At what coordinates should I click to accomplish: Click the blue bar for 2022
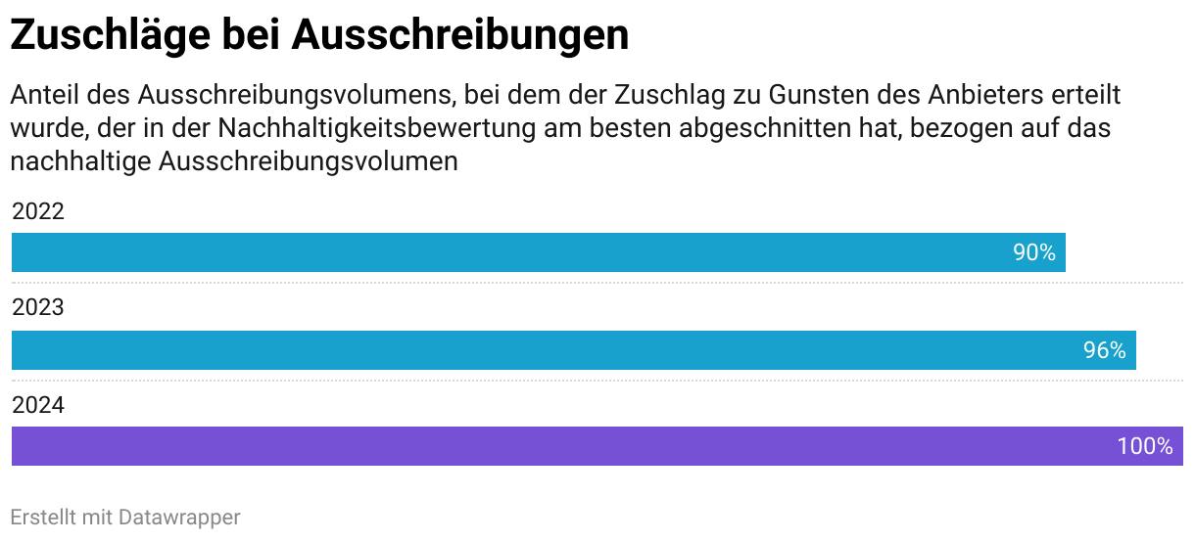coord(509,252)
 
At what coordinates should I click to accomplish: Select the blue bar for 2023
coord(549,350)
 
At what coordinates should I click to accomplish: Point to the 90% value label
coord(1033,252)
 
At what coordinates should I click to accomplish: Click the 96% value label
coord(1104,350)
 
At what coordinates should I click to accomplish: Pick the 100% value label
coord(1144,446)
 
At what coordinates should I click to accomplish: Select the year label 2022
coord(38,211)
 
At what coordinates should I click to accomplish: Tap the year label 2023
coord(38,308)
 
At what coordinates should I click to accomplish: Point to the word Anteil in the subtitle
coord(45,96)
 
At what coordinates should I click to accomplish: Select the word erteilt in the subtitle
coord(1080,96)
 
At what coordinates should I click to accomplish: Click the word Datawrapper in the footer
coord(179,517)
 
